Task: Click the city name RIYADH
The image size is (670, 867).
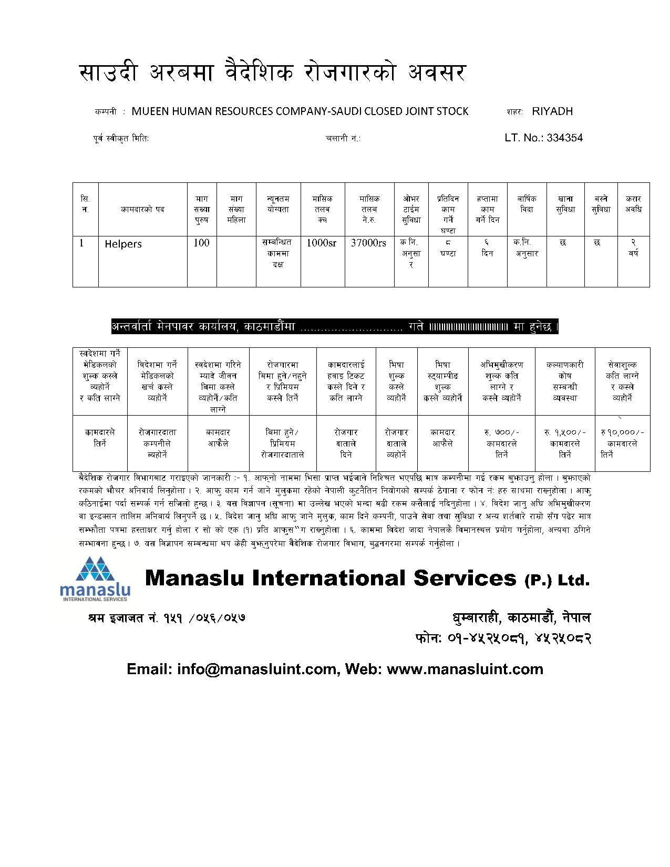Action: tap(552, 111)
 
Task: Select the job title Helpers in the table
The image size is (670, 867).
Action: tap(123, 244)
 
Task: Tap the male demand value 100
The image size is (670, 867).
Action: tap(201, 243)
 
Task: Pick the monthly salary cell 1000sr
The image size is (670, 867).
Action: tap(322, 243)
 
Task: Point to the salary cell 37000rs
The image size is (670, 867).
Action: tap(368, 243)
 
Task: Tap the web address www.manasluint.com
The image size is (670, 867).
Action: tap(465, 669)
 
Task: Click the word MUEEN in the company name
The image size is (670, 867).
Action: tap(148, 111)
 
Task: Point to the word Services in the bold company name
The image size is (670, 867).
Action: tap(465, 579)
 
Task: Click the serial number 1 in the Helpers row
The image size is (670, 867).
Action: tap(81, 243)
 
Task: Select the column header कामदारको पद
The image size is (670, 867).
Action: tap(142, 209)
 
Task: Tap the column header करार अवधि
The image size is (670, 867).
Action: tap(633, 204)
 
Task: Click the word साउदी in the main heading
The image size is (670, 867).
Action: tap(109, 73)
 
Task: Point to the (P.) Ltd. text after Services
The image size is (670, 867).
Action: tap(557, 580)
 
